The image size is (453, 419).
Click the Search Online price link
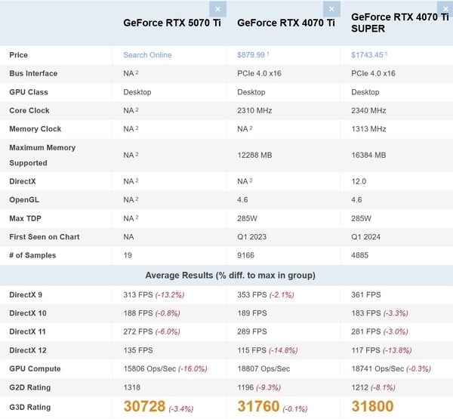147,55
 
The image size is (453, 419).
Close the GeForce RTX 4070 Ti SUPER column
445,9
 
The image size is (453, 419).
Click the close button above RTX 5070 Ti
217,9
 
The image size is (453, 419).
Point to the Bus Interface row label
33,73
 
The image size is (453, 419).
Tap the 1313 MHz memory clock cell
369,129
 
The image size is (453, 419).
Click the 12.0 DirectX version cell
359,182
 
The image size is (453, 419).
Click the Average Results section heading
226,275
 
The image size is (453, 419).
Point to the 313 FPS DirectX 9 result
137,295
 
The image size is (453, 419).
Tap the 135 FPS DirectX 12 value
137,350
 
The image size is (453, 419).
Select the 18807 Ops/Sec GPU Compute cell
263,369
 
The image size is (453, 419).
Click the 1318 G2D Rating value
133,387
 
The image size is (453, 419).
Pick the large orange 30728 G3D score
144,407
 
